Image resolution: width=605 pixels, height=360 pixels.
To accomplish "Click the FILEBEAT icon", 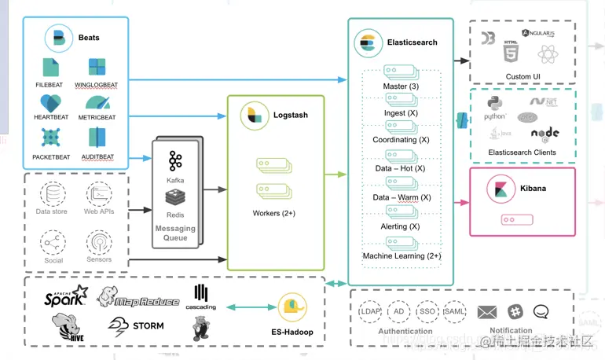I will point(51,67).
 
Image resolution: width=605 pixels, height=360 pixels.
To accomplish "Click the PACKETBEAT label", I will point(51,157).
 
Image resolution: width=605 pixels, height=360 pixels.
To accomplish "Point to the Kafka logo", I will point(175,162).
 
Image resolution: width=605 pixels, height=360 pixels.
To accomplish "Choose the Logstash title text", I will point(291,115).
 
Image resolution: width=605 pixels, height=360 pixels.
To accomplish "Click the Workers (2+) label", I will point(274,213).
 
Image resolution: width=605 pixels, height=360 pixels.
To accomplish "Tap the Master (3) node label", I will point(401,86).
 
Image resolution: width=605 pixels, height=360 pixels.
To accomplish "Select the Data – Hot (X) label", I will point(400,168).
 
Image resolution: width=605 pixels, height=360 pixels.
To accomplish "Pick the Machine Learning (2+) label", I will point(401,256).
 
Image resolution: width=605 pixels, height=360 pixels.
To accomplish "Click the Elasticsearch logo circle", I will point(366,42).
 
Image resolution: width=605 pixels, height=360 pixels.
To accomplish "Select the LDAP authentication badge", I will point(369,312).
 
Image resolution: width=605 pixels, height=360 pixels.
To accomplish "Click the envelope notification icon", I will point(487,313).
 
